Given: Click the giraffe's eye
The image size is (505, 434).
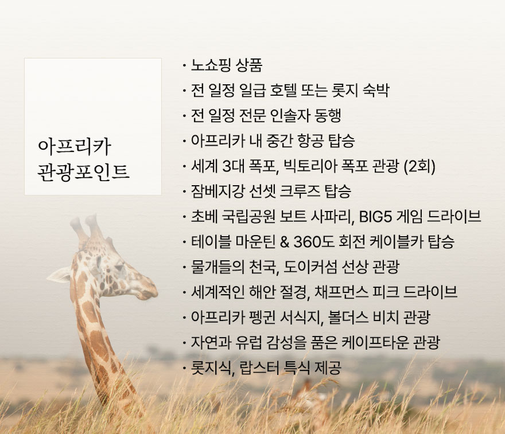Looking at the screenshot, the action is (119, 267).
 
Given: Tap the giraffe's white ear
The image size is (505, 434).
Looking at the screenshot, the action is (59, 275).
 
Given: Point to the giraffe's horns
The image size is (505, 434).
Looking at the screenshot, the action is (88, 229).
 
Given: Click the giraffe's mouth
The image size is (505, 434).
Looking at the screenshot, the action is (146, 294).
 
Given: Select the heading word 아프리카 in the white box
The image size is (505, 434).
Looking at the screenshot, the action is (75, 147).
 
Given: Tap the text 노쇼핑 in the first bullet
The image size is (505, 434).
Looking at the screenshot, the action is (211, 65).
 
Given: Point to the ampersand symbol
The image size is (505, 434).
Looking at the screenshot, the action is (285, 242).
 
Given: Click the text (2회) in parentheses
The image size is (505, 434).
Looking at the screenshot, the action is (419, 166).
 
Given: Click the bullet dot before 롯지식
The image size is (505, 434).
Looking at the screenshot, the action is (184, 368).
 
